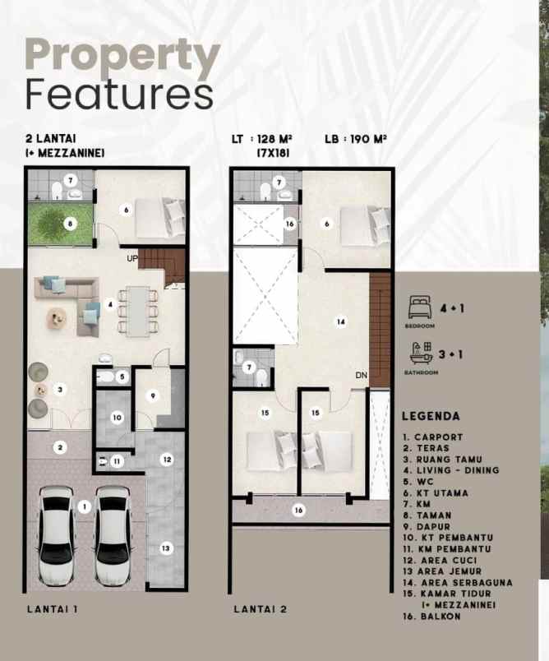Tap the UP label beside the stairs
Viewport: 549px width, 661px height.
[132, 258]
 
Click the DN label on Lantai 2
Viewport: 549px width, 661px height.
[362, 375]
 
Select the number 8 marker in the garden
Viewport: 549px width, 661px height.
[71, 223]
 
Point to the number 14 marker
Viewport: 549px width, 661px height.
[341, 322]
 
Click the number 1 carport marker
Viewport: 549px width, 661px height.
[85, 506]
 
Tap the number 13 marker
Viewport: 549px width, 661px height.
[165, 548]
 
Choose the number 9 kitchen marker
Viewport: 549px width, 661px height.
[153, 395]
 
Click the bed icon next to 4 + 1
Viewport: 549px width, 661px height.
[420, 307]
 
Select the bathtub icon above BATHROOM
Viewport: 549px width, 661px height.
[421, 353]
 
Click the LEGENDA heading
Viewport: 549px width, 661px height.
[431, 416]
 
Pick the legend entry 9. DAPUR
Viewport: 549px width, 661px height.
[427, 526]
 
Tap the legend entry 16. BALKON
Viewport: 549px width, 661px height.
[431, 617]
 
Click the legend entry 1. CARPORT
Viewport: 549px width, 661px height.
[433, 437]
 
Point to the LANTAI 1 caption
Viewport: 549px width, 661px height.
[53, 609]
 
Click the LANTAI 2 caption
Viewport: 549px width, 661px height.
[261, 609]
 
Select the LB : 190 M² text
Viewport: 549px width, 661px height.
[356, 139]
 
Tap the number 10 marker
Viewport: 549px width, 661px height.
[117, 418]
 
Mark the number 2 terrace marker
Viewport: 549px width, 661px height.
[60, 448]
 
